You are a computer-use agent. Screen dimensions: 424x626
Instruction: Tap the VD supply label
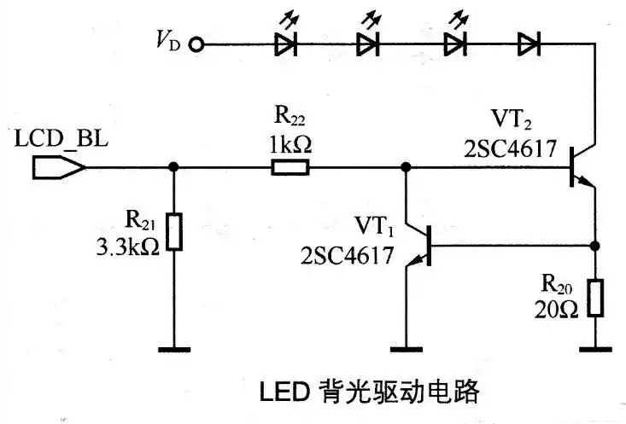pyautogui.click(x=168, y=41)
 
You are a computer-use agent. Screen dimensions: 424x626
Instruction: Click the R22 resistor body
pyautogui.click(x=290, y=167)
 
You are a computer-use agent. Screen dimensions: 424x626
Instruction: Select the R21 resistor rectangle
pyautogui.click(x=174, y=231)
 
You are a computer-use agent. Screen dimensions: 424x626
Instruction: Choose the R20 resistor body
pyautogui.click(x=595, y=296)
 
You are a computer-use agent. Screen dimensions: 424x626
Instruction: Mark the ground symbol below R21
pyautogui.click(x=174, y=347)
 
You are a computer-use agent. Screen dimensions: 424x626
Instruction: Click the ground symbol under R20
pyautogui.click(x=595, y=347)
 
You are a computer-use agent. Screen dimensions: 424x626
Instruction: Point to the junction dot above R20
pyautogui.click(x=595, y=245)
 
